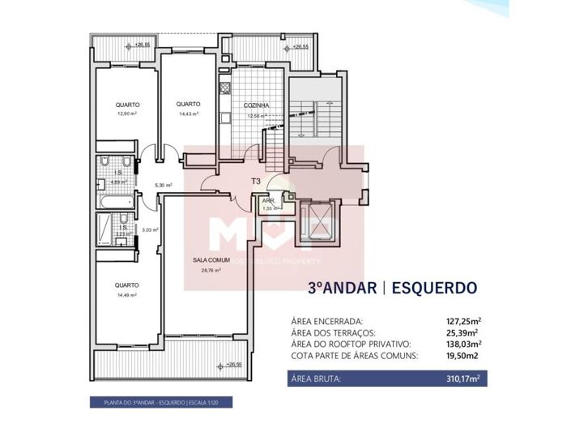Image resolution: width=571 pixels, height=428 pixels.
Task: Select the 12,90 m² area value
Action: [x=126, y=113]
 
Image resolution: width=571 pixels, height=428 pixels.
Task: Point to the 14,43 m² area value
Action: [x=189, y=113]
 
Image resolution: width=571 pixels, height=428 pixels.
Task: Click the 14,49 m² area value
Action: [x=126, y=294]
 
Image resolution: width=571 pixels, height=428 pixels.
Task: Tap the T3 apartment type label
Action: [x=256, y=182]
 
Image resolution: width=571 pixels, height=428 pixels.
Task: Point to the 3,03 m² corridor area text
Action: [x=150, y=229]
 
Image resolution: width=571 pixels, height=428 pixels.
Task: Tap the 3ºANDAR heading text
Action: [x=339, y=287]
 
